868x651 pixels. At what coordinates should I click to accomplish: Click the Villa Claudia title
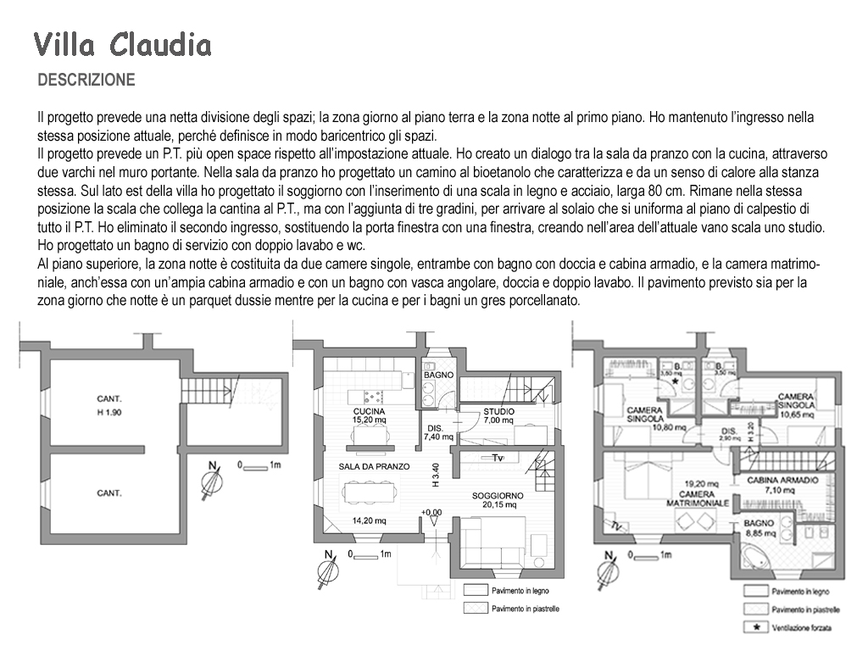[x=123, y=44]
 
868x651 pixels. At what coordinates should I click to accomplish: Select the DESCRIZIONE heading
[x=86, y=81]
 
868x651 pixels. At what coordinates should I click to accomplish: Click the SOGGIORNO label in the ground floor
[x=498, y=495]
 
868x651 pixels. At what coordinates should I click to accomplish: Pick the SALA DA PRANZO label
[x=374, y=466]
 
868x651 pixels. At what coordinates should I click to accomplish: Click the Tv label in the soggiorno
[x=498, y=459]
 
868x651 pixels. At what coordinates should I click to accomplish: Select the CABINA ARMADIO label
[x=782, y=480]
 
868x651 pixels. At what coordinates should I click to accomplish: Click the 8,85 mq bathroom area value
[x=759, y=534]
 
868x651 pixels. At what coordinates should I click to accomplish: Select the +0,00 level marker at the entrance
[x=431, y=512]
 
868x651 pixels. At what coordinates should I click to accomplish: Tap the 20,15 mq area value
[x=498, y=505]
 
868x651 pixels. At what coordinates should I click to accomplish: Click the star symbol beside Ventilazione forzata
[x=754, y=627]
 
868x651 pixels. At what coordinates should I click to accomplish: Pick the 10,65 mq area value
[x=796, y=415]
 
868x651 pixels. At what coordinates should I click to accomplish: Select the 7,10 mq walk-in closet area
[x=782, y=490]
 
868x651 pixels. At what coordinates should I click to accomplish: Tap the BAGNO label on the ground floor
[x=439, y=375]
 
